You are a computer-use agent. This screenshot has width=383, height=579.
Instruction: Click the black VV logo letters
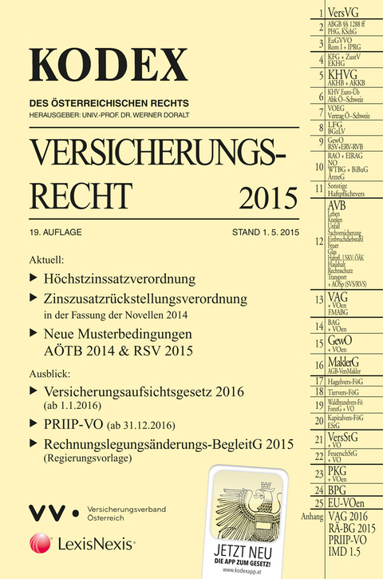(x=47, y=508)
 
